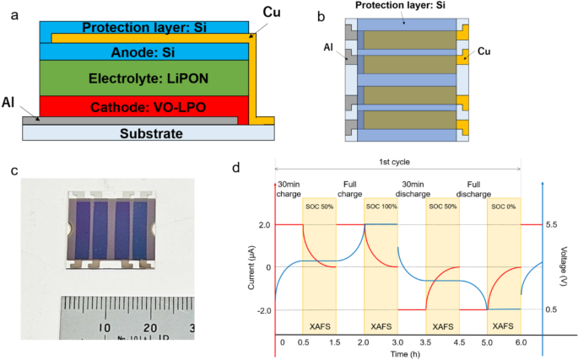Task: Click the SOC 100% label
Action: [381, 207]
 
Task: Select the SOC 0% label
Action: [504, 207]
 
